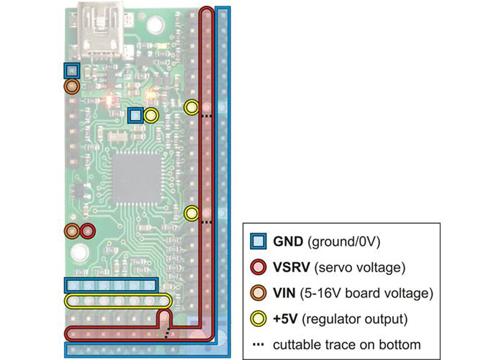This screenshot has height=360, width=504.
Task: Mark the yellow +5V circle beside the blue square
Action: pos(151,115)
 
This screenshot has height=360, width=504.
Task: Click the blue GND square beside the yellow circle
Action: pos(135,115)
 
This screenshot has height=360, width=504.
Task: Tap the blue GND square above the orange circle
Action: pos(71,71)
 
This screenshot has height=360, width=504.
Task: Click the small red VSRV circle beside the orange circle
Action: pos(87,231)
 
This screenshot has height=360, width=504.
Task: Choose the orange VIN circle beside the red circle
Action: pos(72,231)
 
